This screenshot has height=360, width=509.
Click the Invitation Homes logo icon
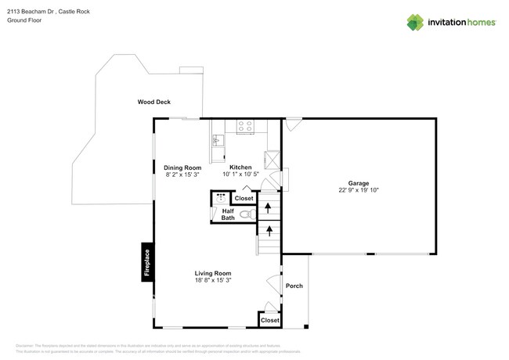point(415,22)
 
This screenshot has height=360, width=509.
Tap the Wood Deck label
point(153,103)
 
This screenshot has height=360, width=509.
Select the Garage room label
point(348,183)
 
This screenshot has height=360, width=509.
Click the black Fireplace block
point(146,263)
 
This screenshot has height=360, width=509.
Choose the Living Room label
point(212,273)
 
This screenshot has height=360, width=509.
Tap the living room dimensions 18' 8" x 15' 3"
point(212,280)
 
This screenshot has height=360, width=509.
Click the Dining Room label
point(182,167)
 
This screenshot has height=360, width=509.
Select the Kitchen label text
point(240,167)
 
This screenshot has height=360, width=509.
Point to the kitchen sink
point(217,141)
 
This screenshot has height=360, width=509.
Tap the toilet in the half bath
point(244,214)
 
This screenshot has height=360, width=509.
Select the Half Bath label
point(228,214)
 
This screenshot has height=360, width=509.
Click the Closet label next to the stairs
point(244,199)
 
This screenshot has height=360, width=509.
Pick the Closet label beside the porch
point(270,320)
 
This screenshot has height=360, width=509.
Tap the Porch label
point(294,286)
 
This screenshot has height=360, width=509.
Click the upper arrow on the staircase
point(269,207)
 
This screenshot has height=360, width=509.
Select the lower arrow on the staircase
point(269,230)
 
